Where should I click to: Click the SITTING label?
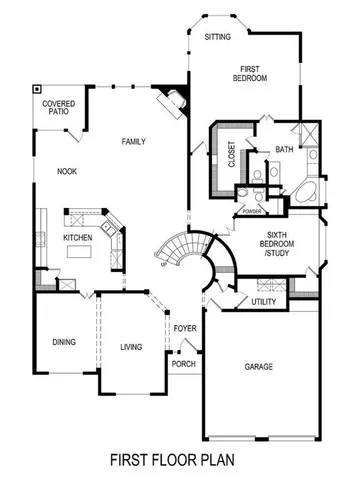(x=217, y=37)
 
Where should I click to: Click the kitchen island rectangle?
(x=79, y=254)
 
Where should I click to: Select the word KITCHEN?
(x=79, y=238)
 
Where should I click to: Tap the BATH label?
(x=284, y=150)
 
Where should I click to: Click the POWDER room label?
(x=251, y=211)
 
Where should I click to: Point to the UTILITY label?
(x=264, y=301)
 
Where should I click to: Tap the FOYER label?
(x=184, y=328)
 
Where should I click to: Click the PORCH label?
(x=185, y=364)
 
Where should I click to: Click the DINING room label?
(x=64, y=342)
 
